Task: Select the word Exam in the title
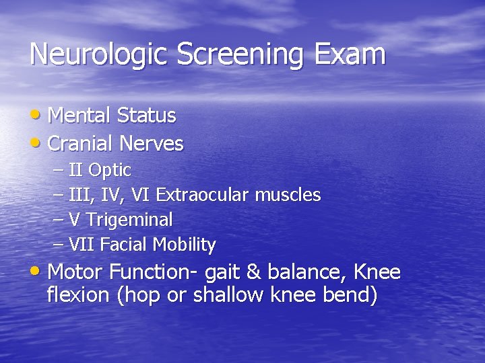[x=356, y=54]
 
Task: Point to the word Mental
[x=79, y=116]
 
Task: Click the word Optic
[x=110, y=171]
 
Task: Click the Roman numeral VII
[x=82, y=245]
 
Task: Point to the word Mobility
[x=184, y=245]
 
